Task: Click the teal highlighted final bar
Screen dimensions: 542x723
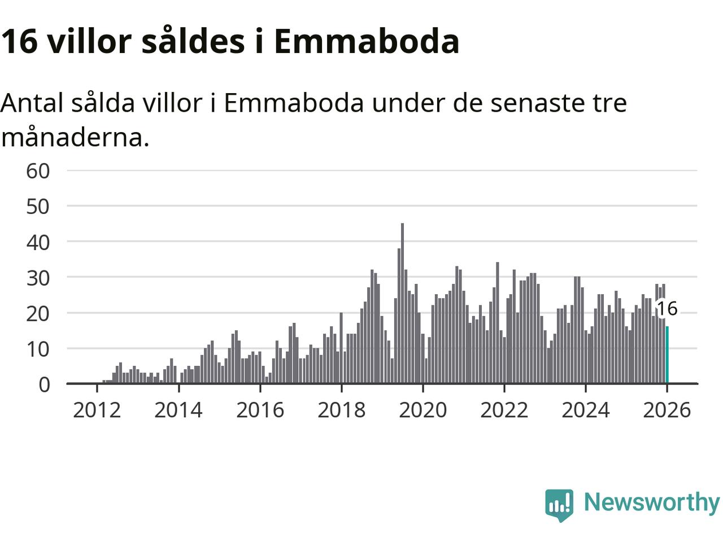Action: click(667, 355)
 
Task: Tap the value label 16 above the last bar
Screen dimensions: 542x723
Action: click(667, 308)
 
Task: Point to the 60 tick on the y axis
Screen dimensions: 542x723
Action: click(38, 171)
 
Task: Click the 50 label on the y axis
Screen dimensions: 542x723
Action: click(38, 206)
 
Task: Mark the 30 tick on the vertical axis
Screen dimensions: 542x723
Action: click(38, 277)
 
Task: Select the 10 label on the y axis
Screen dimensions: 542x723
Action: click(38, 348)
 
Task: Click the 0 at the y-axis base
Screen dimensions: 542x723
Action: click(44, 384)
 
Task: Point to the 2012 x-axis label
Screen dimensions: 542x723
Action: click(97, 410)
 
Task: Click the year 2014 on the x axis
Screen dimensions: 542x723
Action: click(178, 410)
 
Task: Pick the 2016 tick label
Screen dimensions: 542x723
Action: click(260, 410)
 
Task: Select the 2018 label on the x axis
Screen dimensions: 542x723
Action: click(341, 410)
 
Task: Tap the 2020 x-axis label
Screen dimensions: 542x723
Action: click(423, 410)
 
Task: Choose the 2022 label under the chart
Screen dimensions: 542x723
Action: click(504, 410)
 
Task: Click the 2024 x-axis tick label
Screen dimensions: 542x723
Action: click(585, 410)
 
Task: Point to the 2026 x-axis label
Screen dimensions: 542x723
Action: click(667, 410)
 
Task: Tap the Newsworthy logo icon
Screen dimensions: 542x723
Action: click(559, 504)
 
